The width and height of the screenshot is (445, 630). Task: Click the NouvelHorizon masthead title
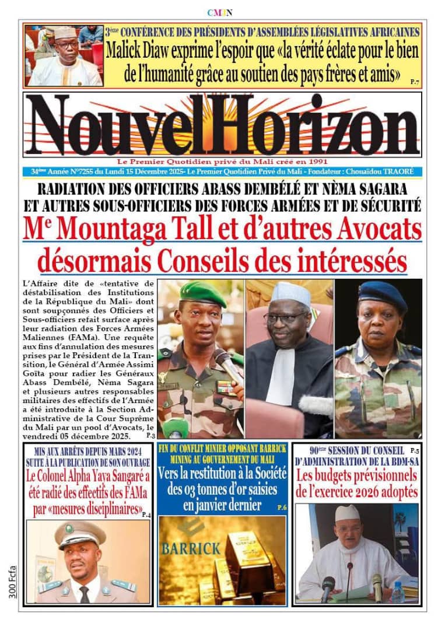tap(222, 124)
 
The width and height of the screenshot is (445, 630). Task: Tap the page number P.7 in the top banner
tap(414, 81)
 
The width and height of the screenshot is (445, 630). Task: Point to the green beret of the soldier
tap(202, 293)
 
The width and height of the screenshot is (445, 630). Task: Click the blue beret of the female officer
tap(382, 295)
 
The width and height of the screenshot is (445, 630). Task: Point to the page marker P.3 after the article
tap(150, 435)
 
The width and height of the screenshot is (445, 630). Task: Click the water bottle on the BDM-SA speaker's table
tap(398, 591)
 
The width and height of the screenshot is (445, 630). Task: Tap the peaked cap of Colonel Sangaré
tap(80, 531)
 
